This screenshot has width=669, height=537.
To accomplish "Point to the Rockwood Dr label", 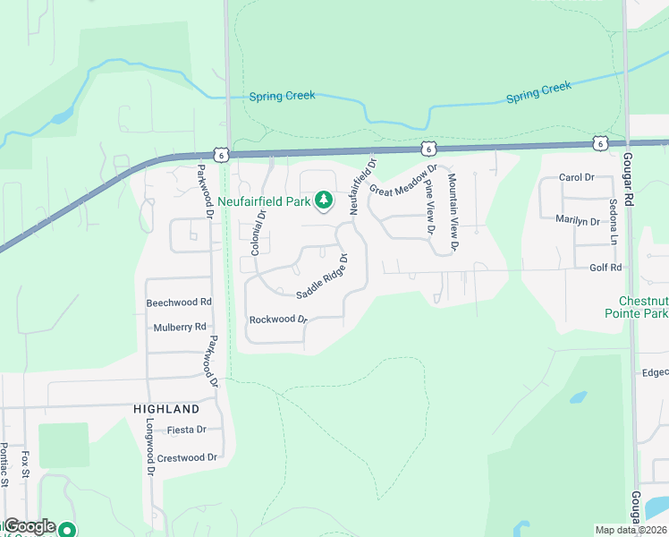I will [x=278, y=320].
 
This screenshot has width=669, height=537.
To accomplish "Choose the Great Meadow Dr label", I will [x=402, y=179].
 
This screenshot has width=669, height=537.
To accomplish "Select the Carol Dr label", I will [x=576, y=177].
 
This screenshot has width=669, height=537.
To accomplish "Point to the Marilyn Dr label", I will [x=577, y=220].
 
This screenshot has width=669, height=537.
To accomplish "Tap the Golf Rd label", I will [x=605, y=268].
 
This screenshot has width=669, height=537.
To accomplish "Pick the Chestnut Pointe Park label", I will [x=642, y=307].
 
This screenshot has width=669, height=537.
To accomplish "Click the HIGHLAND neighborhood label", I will [x=166, y=408].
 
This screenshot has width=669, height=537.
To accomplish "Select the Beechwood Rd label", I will [x=179, y=303].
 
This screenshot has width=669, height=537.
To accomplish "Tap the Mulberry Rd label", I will [x=179, y=327].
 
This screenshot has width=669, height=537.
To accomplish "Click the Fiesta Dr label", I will [x=186, y=430].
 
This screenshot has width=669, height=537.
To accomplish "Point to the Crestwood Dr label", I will [x=187, y=457].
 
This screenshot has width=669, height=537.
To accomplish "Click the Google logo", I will [x=30, y=527].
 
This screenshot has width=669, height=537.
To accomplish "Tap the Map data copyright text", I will [x=630, y=530].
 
